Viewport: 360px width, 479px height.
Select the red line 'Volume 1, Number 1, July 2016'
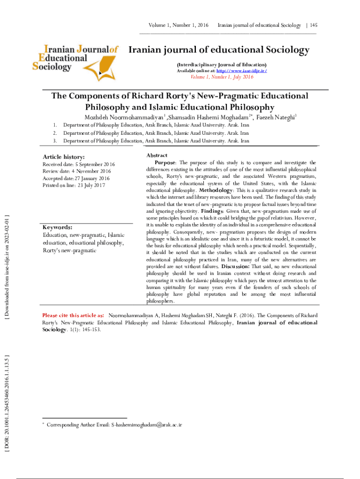pyautogui.click(x=221, y=77)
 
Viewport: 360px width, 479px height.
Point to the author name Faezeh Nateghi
pyautogui.click(x=277, y=116)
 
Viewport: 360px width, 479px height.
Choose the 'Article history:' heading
pyautogui.click(x=64, y=157)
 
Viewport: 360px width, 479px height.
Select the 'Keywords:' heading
pyautogui.click(x=57, y=227)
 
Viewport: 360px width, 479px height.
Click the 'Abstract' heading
pyautogui.click(x=157, y=155)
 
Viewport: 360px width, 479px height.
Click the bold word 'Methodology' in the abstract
pyautogui.click(x=216, y=190)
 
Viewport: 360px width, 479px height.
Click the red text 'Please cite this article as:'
pyautogui.click(x=73, y=315)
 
